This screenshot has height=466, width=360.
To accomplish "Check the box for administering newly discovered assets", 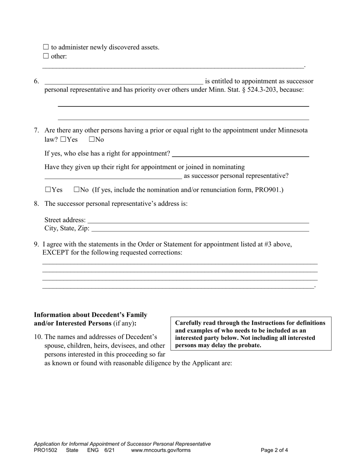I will [x=46, y=47].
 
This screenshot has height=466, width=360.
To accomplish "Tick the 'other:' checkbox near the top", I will [x=46, y=56].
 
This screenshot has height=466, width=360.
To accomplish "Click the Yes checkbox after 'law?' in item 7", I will [x=63, y=139].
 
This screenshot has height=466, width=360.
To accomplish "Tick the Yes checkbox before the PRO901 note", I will [x=48, y=190].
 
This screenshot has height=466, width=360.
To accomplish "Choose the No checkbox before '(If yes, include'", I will [x=77, y=190].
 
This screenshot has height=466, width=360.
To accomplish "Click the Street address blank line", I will [x=198, y=220].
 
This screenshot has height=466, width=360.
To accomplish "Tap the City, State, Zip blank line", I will [x=200, y=229].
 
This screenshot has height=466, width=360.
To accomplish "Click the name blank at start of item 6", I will [x=124, y=81].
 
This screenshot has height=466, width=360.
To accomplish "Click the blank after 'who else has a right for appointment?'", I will [x=240, y=154].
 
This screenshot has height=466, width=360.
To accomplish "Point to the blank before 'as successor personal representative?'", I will [x=113, y=176].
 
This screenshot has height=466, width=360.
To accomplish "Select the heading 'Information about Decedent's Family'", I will [x=91, y=315].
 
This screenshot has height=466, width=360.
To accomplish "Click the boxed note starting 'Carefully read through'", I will [x=251, y=334].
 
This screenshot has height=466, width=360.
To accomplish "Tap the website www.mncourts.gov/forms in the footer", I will [x=161, y=450].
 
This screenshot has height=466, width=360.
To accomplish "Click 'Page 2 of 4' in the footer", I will [x=274, y=450].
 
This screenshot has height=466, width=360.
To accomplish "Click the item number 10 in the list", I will [x=38, y=337].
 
